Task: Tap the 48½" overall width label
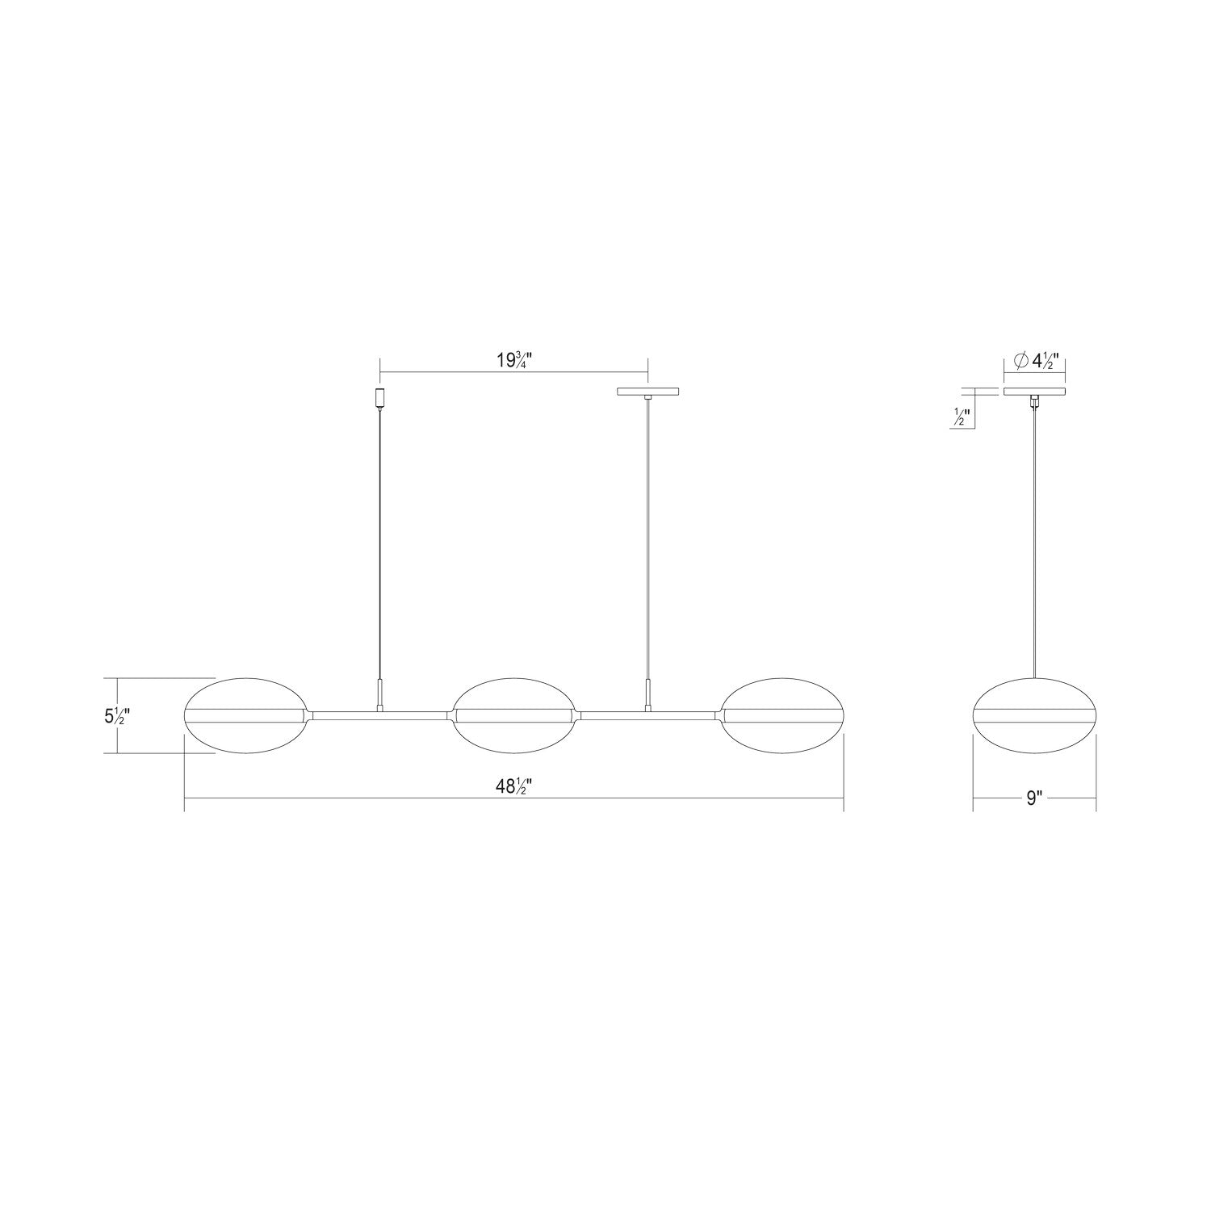coord(514,788)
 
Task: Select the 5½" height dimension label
coord(117,714)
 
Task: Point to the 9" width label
coord(1035,798)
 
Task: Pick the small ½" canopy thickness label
coord(962,417)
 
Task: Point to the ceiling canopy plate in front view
coord(648,392)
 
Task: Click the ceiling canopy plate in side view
coord(1034,392)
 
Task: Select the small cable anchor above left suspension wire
coord(380,397)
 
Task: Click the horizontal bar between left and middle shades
coord(379,714)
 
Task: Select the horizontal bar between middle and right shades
coord(648,714)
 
